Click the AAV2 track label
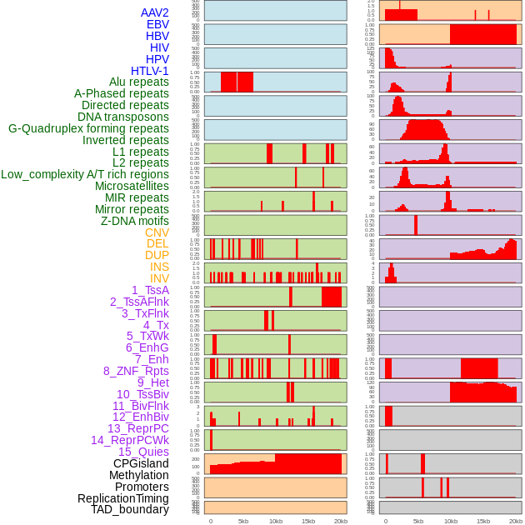click(154, 12)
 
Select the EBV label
click(157, 24)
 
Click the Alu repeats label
click(139, 82)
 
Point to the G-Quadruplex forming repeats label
click(88, 128)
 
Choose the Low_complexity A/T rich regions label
click(85, 174)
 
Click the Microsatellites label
click(132, 186)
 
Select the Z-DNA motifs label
click(135, 221)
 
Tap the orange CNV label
click(157, 232)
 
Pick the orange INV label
click(159, 278)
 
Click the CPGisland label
click(141, 463)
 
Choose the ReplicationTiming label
click(122, 498)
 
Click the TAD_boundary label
click(129, 509)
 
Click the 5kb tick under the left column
click(243, 522)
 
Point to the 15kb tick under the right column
click(483, 522)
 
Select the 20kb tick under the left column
click(341, 522)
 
